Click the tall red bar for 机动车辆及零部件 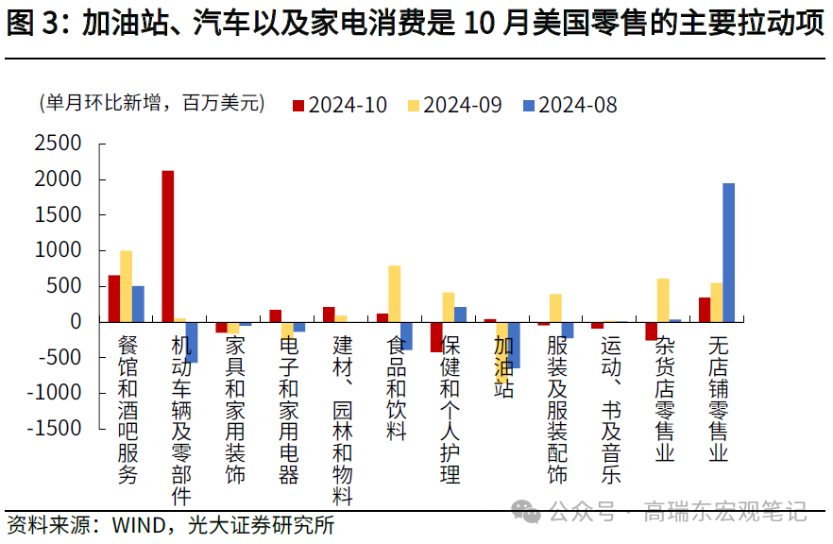pos(167,246)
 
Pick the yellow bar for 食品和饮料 pos(394,293)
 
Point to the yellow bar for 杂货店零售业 pos(663,299)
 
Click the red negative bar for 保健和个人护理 pos(436,337)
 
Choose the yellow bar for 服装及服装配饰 pos(555,307)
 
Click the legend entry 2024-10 pos(340,105)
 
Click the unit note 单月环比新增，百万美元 pos(151,104)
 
